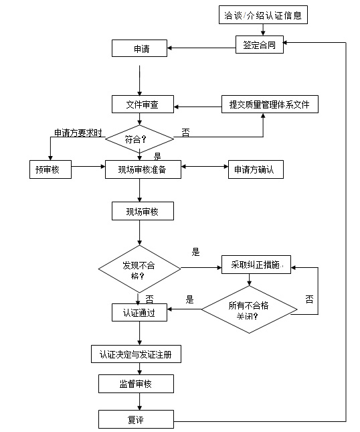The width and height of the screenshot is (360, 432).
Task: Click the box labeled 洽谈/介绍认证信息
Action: click(x=263, y=15)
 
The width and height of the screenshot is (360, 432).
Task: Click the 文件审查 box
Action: click(x=143, y=104)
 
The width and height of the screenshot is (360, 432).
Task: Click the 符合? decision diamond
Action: click(x=139, y=140)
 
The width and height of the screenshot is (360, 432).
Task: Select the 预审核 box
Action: click(x=50, y=170)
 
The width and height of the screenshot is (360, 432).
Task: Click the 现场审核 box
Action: click(x=143, y=212)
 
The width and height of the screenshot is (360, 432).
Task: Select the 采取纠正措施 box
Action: click(x=252, y=266)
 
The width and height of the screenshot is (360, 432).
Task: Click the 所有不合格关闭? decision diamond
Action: click(x=249, y=310)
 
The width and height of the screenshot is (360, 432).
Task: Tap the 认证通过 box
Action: click(x=139, y=313)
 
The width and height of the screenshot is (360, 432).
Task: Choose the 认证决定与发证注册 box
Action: click(x=136, y=354)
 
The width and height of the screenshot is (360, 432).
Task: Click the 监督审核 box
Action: click(x=137, y=384)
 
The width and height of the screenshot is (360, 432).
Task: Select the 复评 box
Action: click(x=137, y=420)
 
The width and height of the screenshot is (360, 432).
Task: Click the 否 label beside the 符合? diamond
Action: click(x=185, y=133)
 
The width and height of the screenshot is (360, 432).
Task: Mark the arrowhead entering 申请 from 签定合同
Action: click(x=171, y=48)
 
